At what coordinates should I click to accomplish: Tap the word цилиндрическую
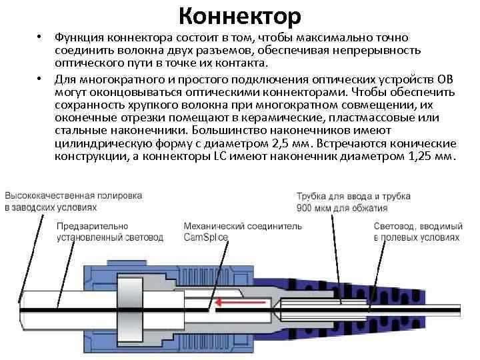click(x=96, y=144)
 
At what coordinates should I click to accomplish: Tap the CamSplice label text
click(x=205, y=237)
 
